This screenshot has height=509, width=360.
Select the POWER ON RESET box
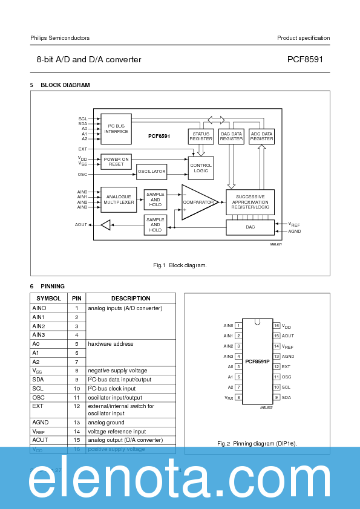pyautogui.click(x=116, y=161)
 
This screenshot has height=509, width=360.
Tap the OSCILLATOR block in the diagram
pyautogui.click(x=151, y=172)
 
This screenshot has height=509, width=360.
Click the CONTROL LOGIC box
pyautogui.click(x=201, y=168)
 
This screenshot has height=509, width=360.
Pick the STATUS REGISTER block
pyautogui.click(x=201, y=136)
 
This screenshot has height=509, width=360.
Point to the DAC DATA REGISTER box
pyautogui.click(x=231, y=136)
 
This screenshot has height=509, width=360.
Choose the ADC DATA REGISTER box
pyautogui.click(x=261, y=136)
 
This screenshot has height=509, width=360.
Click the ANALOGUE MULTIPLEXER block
pyautogui.click(x=119, y=199)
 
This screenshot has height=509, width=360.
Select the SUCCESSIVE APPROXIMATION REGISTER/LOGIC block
pyautogui.click(x=250, y=202)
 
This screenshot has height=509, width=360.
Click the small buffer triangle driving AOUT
pyautogui.click(x=106, y=225)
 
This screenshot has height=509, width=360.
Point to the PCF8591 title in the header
pyautogui.click(x=309, y=60)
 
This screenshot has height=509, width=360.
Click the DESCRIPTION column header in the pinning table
pyautogui.click(x=131, y=299)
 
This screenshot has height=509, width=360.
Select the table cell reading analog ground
pyautogui.click(x=131, y=423)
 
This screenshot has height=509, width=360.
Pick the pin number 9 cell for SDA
pyautogui.click(x=77, y=379)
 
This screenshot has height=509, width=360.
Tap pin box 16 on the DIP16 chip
pyautogui.click(x=276, y=325)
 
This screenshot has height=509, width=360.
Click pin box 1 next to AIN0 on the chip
pyautogui.click(x=238, y=325)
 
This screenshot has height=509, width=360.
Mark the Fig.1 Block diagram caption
pyautogui.click(x=180, y=265)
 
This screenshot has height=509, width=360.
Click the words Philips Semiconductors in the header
pyautogui.click(x=60, y=38)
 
